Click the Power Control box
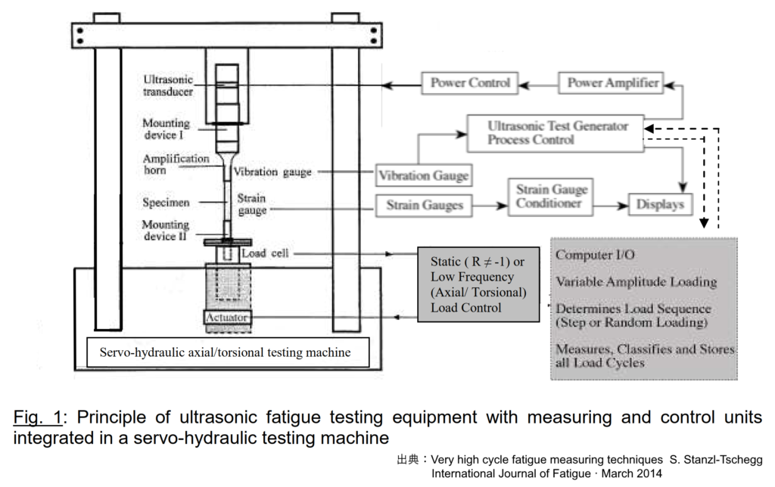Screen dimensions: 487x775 point(470,83)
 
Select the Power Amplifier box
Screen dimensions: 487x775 point(613,83)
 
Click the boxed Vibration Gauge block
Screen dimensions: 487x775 point(423,176)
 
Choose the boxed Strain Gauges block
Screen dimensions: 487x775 point(423,204)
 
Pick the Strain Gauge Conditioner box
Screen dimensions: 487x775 point(551,196)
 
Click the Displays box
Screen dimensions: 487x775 point(660,204)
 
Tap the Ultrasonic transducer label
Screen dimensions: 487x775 point(167,85)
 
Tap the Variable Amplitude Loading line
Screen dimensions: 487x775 point(636,282)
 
